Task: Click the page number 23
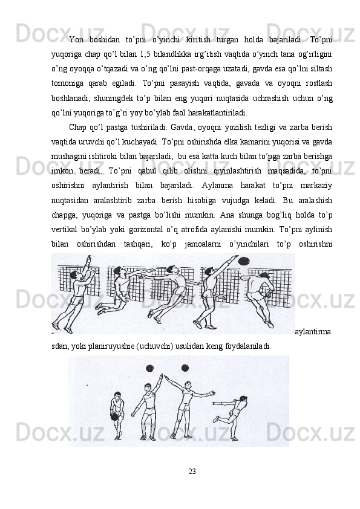[192, 471]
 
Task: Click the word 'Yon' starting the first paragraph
[76, 40]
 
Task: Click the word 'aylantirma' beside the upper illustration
[313, 332]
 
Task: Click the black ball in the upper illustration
[244, 261]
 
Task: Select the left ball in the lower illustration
[150, 368]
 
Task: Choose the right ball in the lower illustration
[185, 368]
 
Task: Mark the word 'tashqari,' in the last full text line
[137, 244]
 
